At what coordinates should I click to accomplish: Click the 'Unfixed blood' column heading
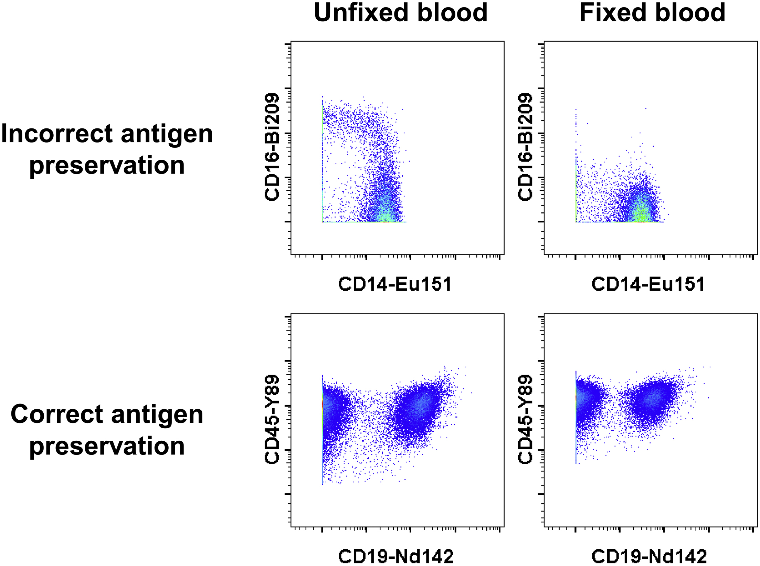pyautogui.click(x=400, y=13)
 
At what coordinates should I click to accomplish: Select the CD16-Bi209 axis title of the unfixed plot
pyautogui.click(x=272, y=147)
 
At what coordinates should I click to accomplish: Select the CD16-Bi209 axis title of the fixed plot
pyautogui.click(x=525, y=147)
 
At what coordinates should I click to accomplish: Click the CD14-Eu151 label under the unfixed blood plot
pyautogui.click(x=395, y=284)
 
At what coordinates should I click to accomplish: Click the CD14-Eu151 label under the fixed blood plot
pyautogui.click(x=648, y=284)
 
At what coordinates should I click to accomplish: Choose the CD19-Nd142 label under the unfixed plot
pyautogui.click(x=396, y=556)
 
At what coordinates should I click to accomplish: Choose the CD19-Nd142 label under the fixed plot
pyautogui.click(x=649, y=556)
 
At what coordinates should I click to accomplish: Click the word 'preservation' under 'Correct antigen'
pyautogui.click(x=107, y=446)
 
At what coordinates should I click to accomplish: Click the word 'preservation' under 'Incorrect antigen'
pyautogui.click(x=107, y=166)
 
